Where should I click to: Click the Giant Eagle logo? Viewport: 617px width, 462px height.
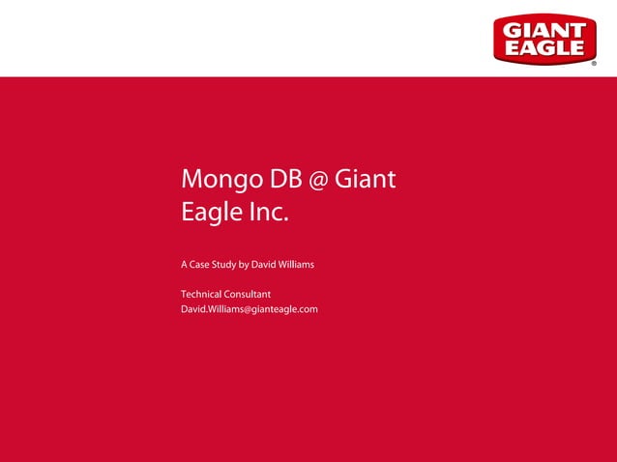coord(544,39)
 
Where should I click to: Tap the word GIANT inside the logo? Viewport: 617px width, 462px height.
coord(544,29)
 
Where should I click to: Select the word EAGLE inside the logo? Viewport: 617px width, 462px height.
coord(544,48)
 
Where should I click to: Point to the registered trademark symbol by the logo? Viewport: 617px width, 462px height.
coord(593,64)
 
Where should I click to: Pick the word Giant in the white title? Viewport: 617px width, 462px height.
coord(365,180)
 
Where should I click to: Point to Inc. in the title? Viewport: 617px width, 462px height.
coord(266,211)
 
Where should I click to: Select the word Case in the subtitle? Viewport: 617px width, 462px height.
coord(201,265)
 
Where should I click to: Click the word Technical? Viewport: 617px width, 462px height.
coord(202,294)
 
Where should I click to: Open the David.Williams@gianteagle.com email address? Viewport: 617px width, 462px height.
coord(250,309)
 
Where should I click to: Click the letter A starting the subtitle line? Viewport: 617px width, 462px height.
coord(185,265)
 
